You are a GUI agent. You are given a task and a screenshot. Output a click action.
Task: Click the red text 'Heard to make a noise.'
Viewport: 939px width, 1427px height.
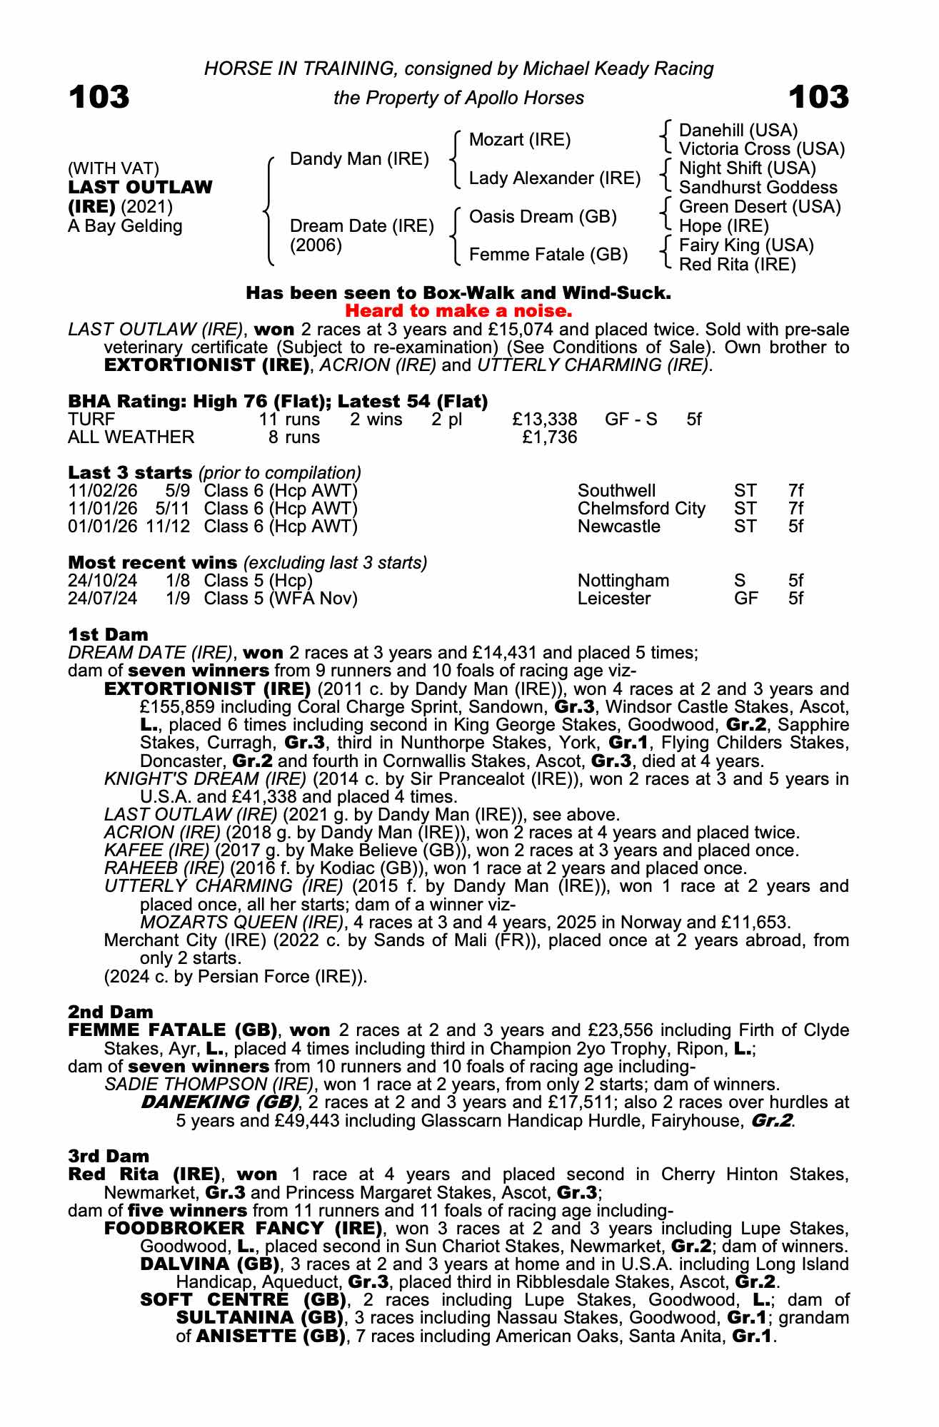tap(458, 311)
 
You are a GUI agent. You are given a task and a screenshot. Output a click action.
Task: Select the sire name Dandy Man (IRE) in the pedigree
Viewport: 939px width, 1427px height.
tap(359, 158)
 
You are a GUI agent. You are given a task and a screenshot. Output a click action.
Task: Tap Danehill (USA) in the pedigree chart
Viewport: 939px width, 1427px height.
tap(738, 130)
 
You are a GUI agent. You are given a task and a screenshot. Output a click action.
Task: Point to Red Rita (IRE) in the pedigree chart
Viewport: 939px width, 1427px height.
tap(737, 265)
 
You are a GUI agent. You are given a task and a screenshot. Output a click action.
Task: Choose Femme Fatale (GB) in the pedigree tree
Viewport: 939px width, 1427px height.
tap(548, 255)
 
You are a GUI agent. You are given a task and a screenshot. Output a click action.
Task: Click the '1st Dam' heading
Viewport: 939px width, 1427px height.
tap(109, 634)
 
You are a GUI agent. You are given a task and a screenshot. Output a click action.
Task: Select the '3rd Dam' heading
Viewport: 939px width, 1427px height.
tap(109, 1156)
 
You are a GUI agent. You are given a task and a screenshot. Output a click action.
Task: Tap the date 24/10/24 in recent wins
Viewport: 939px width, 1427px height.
tap(102, 580)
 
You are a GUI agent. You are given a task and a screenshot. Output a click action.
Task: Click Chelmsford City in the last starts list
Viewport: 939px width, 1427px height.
tap(641, 509)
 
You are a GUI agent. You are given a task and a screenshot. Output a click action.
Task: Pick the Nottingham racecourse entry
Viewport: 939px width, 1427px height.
tap(623, 580)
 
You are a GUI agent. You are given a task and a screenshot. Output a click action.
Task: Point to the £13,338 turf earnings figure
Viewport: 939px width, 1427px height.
tap(545, 419)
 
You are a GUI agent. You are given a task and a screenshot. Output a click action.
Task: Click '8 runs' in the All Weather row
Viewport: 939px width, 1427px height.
tap(294, 437)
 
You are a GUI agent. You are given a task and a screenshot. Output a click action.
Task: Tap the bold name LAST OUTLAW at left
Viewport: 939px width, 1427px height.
tap(140, 187)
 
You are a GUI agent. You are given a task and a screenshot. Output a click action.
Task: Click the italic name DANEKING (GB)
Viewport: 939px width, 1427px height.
tap(219, 1102)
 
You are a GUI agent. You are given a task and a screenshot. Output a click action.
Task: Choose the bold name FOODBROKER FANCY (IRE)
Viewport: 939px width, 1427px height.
tap(242, 1228)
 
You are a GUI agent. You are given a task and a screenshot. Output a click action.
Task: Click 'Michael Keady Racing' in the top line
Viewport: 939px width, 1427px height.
tap(618, 68)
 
